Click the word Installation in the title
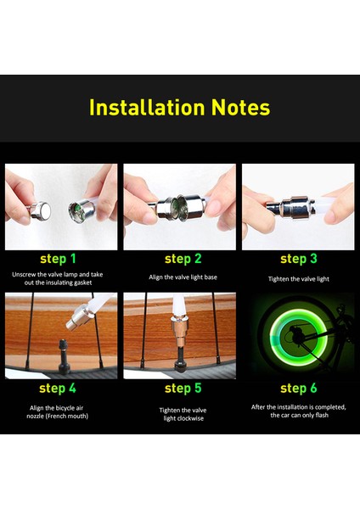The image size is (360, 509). tap(147, 107)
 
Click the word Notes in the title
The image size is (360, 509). tap(241, 107)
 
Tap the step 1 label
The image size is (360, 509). tap(58, 260)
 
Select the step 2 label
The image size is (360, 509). tap(183, 260)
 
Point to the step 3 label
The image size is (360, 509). tap(299, 260)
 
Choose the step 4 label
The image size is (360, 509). tap(58, 389)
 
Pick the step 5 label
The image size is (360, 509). tap(183, 389)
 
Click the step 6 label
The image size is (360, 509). tap(299, 389)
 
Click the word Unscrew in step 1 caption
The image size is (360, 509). tap(24, 275)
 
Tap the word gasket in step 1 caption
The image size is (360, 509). tap(83, 282)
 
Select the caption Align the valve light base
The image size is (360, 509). tap(183, 277)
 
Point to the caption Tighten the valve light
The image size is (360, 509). tap(299, 279)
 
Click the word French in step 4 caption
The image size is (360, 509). tap(58, 417)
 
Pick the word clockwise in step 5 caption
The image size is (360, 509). tap(190, 418)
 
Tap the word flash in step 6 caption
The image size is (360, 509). tap(322, 415)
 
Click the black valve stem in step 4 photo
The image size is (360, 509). tap(64, 355)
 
